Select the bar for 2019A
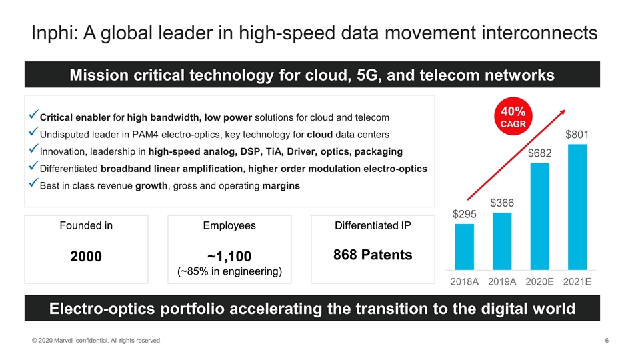pyautogui.click(x=501, y=240)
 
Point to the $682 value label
pyautogui.click(x=539, y=153)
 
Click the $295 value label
pyautogui.click(x=464, y=214)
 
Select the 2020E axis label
pyautogui.click(x=539, y=281)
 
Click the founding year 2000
pyautogui.click(x=87, y=256)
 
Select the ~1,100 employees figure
pyautogui.click(x=229, y=256)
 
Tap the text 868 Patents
pyautogui.click(x=373, y=255)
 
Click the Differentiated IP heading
pyautogui.click(x=373, y=225)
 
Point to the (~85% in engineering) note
pyautogui.click(x=229, y=271)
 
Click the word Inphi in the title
pyautogui.click(x=52, y=33)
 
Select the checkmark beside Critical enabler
pyautogui.click(x=33, y=117)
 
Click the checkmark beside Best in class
pyautogui.click(x=33, y=185)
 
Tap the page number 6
pyautogui.click(x=607, y=341)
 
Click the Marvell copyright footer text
pyautogui.click(x=97, y=341)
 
